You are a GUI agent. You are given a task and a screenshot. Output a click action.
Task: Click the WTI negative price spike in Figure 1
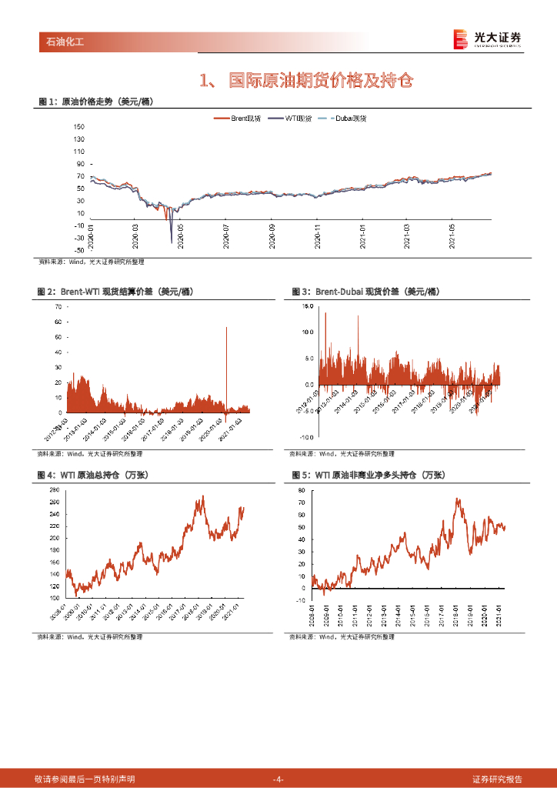(171, 242)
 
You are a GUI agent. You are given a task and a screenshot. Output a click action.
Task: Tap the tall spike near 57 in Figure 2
(226, 328)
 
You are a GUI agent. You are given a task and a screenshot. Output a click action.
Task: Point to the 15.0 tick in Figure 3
(308, 306)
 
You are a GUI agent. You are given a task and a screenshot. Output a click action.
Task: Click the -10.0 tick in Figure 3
(306, 436)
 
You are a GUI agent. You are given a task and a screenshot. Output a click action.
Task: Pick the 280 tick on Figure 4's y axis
(54, 490)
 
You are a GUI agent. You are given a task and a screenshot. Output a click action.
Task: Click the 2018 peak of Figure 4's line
(202, 496)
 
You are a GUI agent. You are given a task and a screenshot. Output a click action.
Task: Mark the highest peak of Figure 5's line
(458, 499)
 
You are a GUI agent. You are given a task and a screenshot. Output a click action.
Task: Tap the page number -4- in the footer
(278, 780)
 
